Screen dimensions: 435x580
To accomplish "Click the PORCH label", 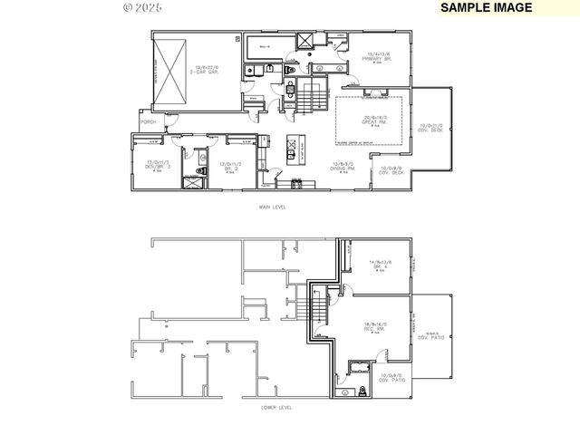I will click(x=148, y=122).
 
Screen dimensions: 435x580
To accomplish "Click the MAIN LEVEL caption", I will click(x=272, y=208).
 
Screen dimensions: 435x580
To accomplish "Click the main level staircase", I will click(x=314, y=92).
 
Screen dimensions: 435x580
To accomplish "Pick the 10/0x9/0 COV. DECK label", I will click(x=390, y=169).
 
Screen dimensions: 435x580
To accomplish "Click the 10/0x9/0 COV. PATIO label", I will click(x=391, y=376).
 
